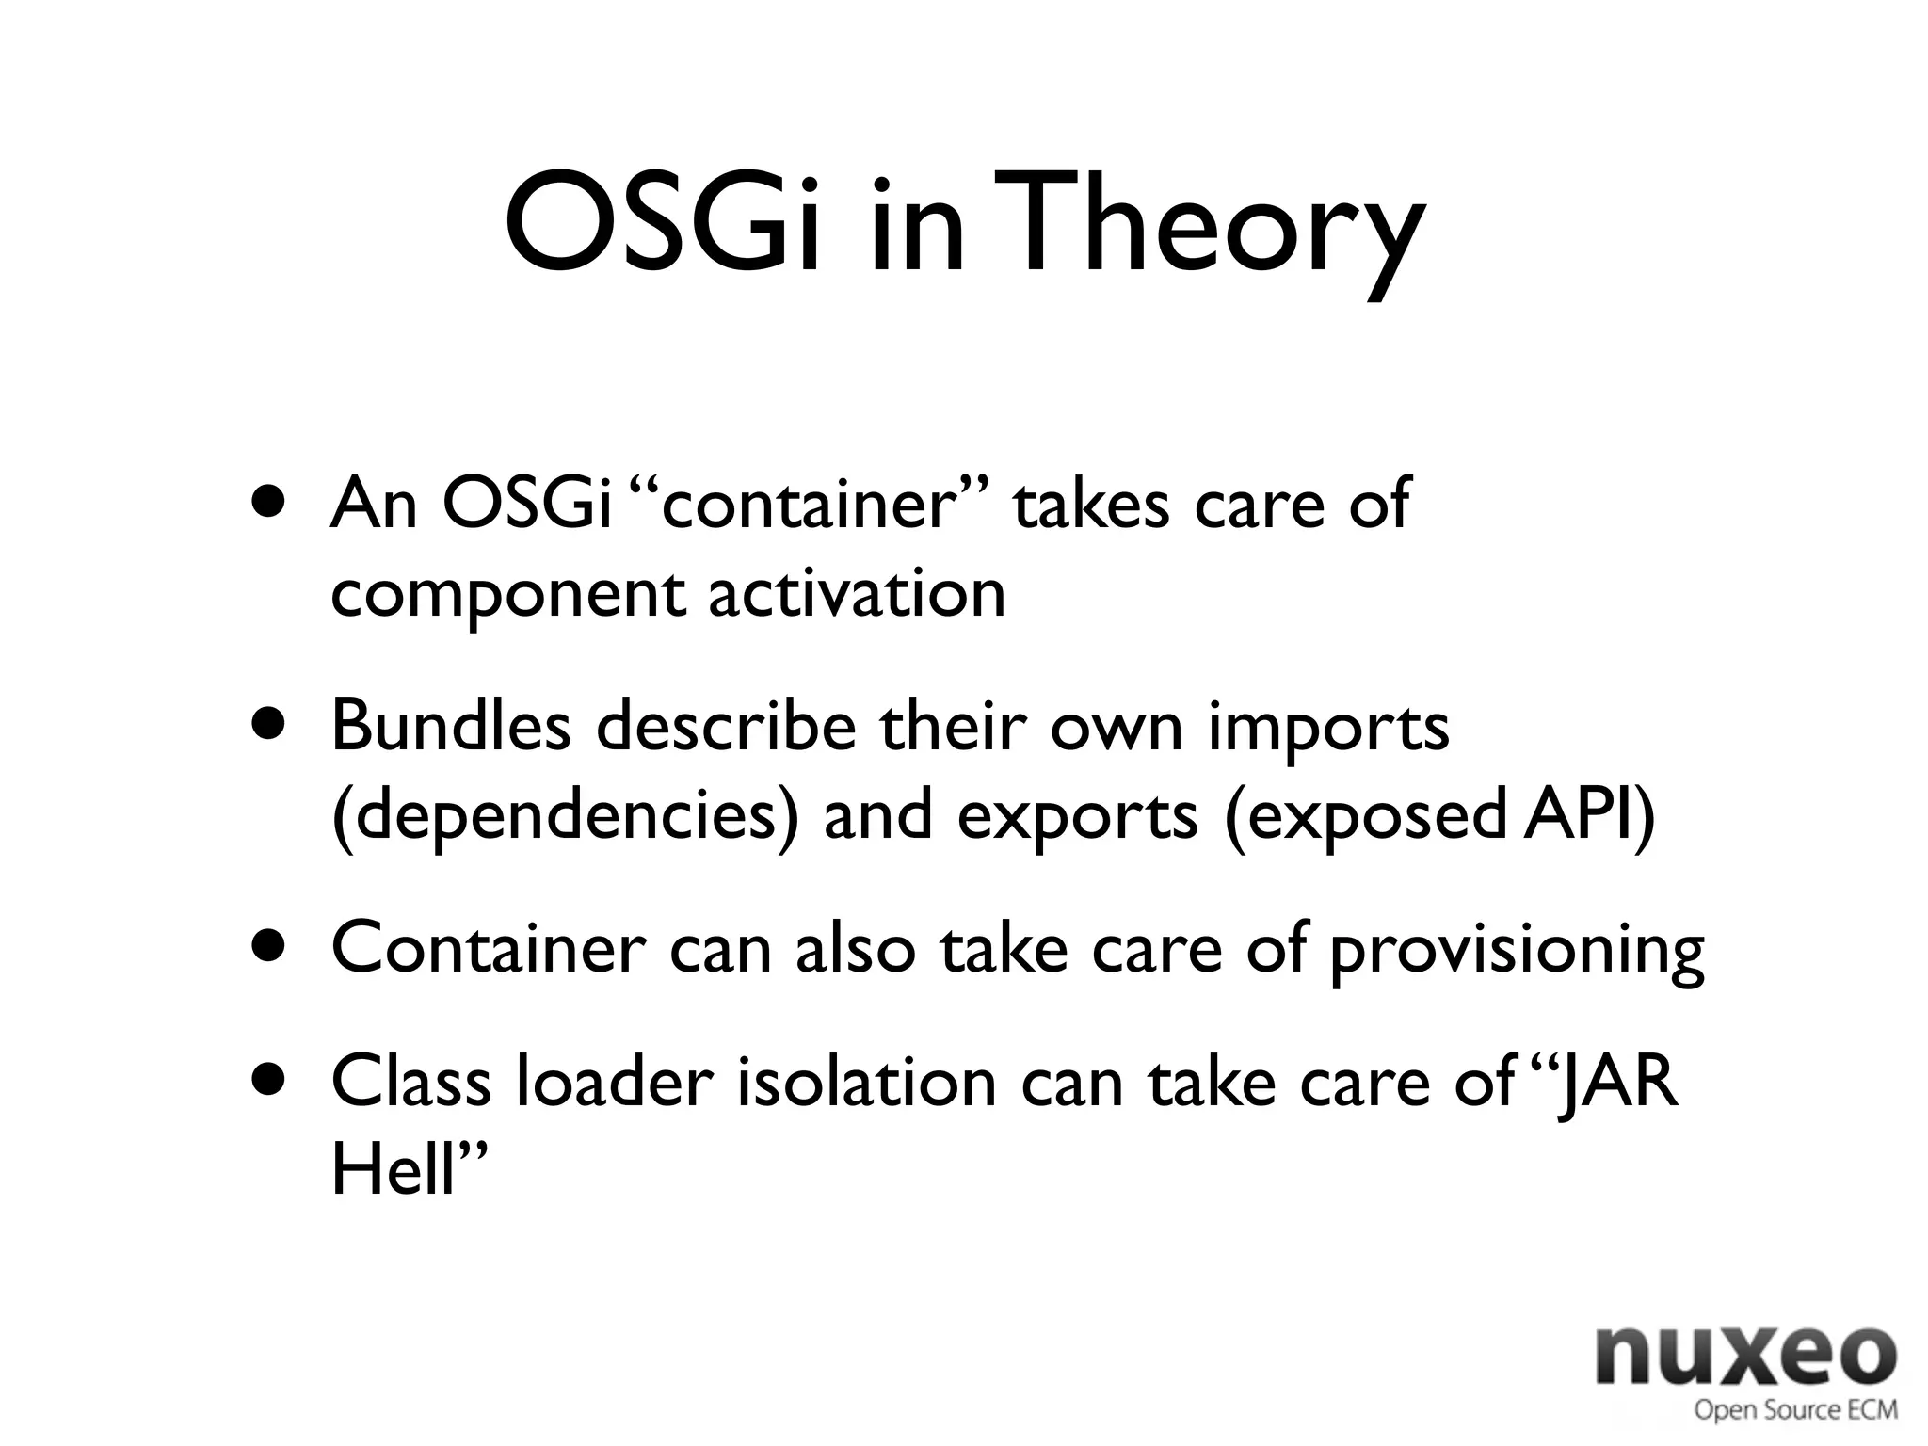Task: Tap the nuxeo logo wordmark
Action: point(1745,1356)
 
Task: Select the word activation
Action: point(856,594)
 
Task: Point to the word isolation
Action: point(866,1081)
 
